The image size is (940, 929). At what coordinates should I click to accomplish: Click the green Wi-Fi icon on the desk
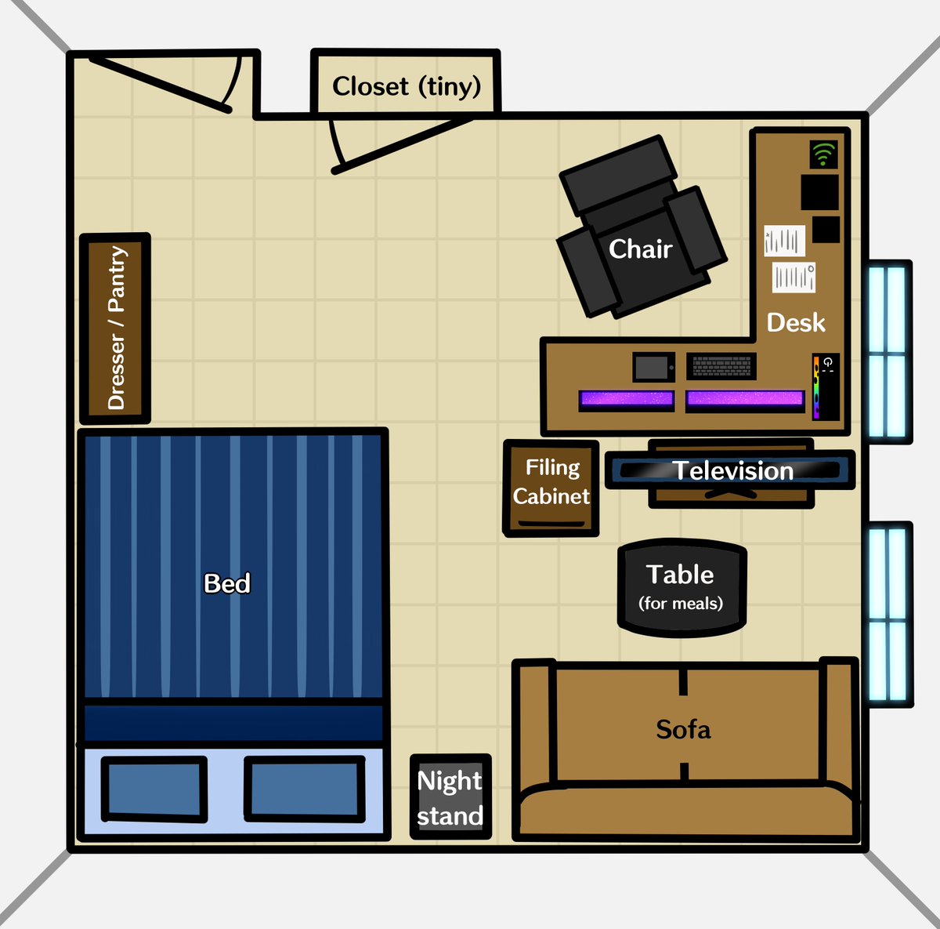pyautogui.click(x=822, y=154)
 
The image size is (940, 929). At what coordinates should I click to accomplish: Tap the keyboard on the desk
pyautogui.click(x=721, y=365)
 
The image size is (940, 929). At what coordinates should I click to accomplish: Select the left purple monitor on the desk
pyautogui.click(x=626, y=400)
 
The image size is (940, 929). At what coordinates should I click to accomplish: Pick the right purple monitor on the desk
pyautogui.click(x=745, y=400)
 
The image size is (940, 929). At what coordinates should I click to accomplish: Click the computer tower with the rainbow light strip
pyautogui.click(x=826, y=386)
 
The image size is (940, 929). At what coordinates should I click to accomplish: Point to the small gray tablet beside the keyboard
pyautogui.click(x=653, y=367)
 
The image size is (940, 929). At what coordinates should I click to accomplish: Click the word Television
pyautogui.click(x=733, y=471)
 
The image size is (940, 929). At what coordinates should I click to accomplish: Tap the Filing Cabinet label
pyautogui.click(x=551, y=482)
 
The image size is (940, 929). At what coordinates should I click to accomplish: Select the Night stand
pyautogui.click(x=450, y=797)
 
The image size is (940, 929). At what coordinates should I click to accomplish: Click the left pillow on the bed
pyautogui.click(x=154, y=789)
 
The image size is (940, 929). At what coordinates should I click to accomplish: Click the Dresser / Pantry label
pyautogui.click(x=116, y=328)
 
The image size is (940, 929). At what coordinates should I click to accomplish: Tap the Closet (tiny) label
pyautogui.click(x=406, y=85)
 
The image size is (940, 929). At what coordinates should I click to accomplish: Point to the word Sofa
pyautogui.click(x=683, y=730)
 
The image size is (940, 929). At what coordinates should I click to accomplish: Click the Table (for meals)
pyautogui.click(x=681, y=586)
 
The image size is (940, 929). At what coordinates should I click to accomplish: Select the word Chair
pyautogui.click(x=640, y=249)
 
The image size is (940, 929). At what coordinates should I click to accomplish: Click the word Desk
pyautogui.click(x=795, y=322)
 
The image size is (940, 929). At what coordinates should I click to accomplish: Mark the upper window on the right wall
pyautogui.click(x=888, y=352)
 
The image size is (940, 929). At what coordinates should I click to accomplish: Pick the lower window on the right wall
pyautogui.click(x=888, y=615)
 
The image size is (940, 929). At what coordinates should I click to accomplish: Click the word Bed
pyautogui.click(x=227, y=583)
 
